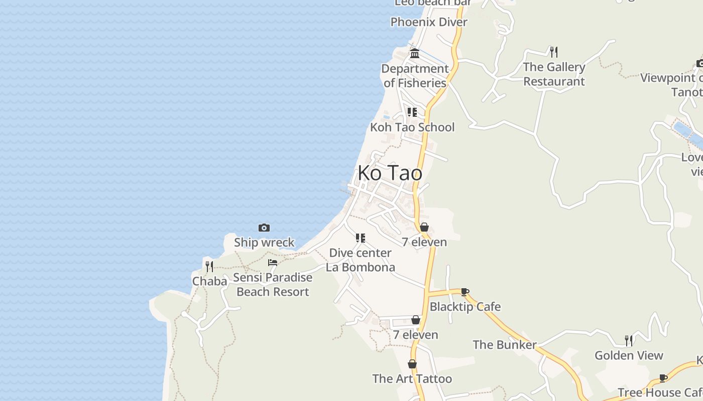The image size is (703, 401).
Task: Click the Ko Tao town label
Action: pyautogui.click(x=390, y=173)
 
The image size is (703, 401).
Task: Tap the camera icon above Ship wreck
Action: pyautogui.click(x=264, y=228)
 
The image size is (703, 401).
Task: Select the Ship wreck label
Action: pyautogui.click(x=264, y=243)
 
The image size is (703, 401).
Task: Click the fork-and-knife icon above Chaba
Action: pyautogui.click(x=209, y=266)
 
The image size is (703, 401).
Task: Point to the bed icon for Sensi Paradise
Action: pyautogui.click(x=273, y=262)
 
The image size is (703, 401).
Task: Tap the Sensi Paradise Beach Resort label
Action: pyautogui.click(x=273, y=285)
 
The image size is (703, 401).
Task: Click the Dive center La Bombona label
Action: pyautogui.click(x=360, y=260)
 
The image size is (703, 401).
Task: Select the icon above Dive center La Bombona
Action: pyautogui.click(x=360, y=238)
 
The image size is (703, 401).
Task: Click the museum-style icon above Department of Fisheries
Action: pyautogui.click(x=415, y=53)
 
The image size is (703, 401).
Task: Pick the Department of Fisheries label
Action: pyautogui.click(x=415, y=76)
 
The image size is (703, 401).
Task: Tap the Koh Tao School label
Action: pyautogui.click(x=412, y=127)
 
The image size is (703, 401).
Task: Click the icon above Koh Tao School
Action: pyautogui.click(x=412, y=112)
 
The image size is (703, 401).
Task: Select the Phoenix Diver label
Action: pyautogui.click(x=429, y=22)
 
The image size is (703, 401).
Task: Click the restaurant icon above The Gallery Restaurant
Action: pyautogui.click(x=554, y=52)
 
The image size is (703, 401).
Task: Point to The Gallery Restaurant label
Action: pyautogui.click(x=554, y=74)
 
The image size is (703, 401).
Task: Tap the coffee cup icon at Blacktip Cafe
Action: pyautogui.click(x=465, y=292)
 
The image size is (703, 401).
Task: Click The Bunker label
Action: pyautogui.click(x=505, y=345)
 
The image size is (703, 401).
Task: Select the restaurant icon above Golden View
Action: pyautogui.click(x=629, y=341)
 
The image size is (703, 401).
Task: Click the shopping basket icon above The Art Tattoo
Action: pyautogui.click(x=412, y=364)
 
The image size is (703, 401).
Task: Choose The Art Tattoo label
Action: pyautogui.click(x=412, y=379)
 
